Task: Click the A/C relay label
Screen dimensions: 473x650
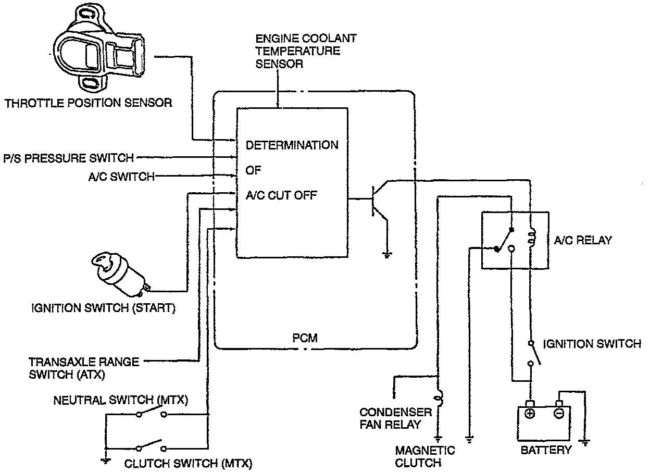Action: [583, 240]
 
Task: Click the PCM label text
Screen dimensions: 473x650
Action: [305, 339]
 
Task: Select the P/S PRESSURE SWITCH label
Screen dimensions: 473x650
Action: [68, 157]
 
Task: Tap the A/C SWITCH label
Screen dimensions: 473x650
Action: [121, 177]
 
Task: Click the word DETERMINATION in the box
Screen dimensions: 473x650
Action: [292, 145]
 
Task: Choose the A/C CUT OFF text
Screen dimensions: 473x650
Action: [282, 196]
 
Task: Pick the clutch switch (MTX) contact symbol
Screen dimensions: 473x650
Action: [152, 447]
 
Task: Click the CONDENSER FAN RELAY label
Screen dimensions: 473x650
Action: [395, 418]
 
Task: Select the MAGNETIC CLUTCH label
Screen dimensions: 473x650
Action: [424, 456]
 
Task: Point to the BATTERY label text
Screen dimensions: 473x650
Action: [546, 450]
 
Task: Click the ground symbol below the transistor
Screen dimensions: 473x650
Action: [387, 255]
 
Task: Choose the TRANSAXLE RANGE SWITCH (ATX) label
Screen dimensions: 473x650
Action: [83, 367]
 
